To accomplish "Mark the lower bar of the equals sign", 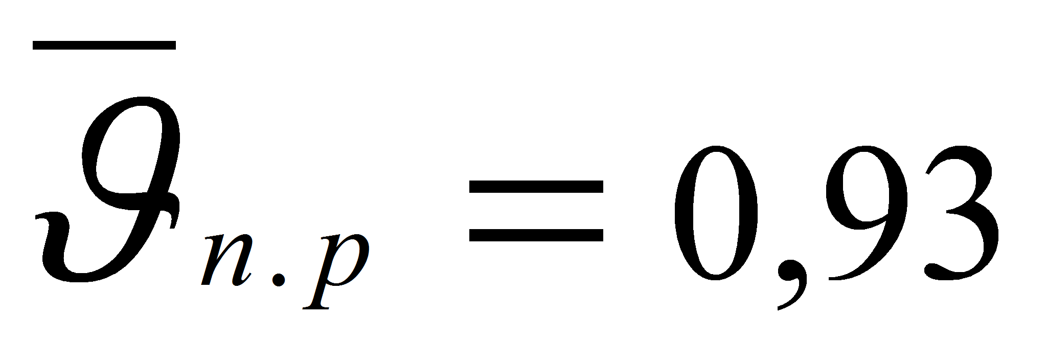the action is click(536, 237).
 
